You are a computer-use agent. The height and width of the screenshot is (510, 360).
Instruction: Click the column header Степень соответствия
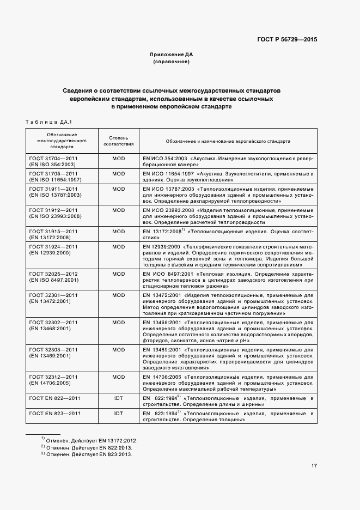pos(118,141)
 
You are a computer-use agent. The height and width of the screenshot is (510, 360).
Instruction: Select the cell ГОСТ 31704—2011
pos(53,158)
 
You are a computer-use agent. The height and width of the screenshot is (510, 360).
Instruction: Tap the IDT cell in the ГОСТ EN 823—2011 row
pos(118,414)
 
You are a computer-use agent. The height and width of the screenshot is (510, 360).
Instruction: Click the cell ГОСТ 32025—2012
pos(53,274)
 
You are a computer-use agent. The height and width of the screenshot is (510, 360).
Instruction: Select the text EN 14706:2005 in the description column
pos(162,377)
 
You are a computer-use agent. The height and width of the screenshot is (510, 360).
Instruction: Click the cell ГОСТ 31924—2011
pos(53,246)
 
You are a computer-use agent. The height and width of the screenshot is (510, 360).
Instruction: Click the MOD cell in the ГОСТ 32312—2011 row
pos(118,377)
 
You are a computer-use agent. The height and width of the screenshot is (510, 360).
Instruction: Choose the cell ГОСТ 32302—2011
pos(53,323)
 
